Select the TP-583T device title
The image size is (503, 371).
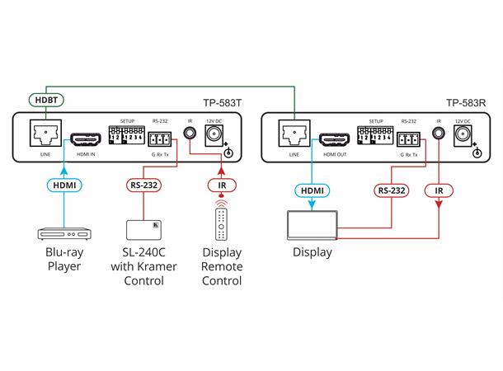pyautogui.click(x=223, y=104)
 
